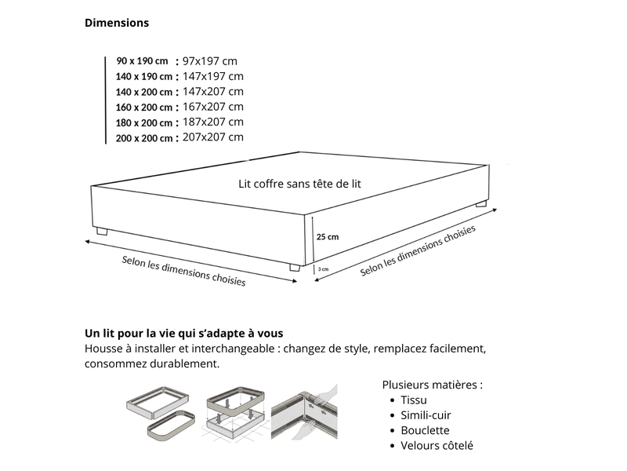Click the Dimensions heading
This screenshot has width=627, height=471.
tap(117, 23)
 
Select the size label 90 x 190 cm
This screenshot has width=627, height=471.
tap(143, 61)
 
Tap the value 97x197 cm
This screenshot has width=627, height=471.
tap(210, 61)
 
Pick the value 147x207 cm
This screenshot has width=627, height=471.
tap(213, 92)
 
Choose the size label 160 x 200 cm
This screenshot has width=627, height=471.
tap(144, 108)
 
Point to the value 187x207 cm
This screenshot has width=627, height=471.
tap(213, 122)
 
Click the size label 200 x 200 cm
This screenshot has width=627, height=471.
tap(144, 138)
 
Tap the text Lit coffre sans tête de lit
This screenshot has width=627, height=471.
tap(299, 184)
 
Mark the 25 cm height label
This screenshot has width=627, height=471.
tap(328, 237)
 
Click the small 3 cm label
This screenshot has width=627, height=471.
tap(323, 269)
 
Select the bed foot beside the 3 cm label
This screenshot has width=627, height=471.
tap(295, 268)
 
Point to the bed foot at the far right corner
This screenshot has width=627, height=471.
tap(481, 204)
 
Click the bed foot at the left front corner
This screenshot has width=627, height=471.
tap(102, 231)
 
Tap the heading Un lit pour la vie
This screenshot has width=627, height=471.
tap(184, 333)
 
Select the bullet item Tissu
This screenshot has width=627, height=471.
tap(414, 400)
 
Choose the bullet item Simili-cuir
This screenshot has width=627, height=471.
tap(426, 415)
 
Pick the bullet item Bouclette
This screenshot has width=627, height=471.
tap(425, 430)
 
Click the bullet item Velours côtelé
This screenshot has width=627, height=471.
tap(437, 446)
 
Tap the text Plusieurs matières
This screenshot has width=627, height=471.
tap(433, 385)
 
